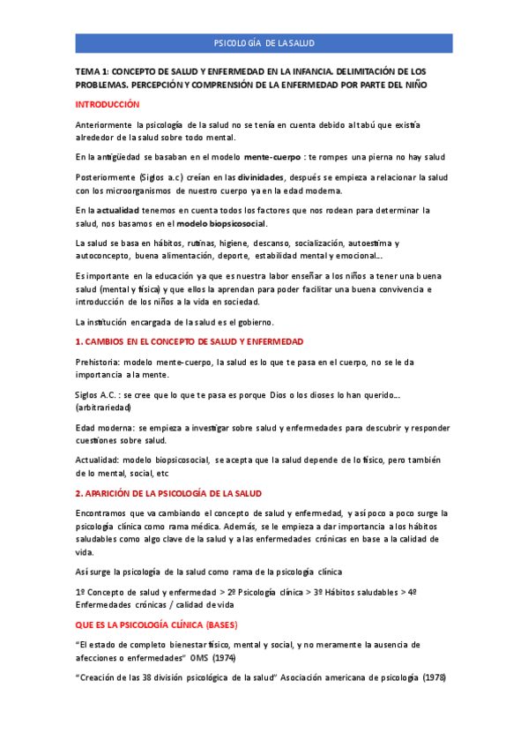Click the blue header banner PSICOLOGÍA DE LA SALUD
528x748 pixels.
[264, 43]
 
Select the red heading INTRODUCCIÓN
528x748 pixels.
[108, 104]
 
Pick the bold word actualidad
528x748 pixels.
[118, 210]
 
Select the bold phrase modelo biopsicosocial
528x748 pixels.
[221, 223]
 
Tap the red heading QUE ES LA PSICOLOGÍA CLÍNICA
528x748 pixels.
[163, 625]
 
